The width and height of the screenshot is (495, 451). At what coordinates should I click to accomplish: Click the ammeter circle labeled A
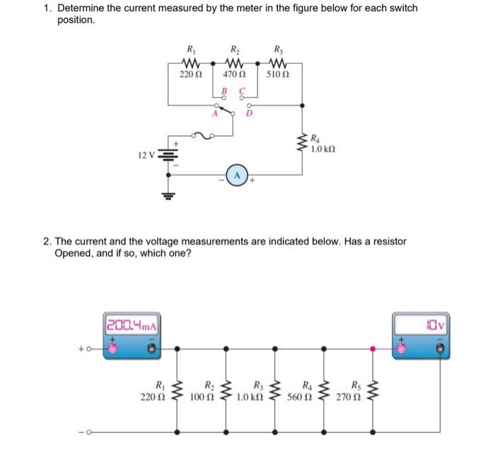pyautogui.click(x=237, y=175)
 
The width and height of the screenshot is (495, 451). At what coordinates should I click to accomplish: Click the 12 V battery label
pyautogui.click(x=147, y=154)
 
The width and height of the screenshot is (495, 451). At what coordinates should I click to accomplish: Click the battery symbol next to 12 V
pyautogui.click(x=168, y=155)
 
